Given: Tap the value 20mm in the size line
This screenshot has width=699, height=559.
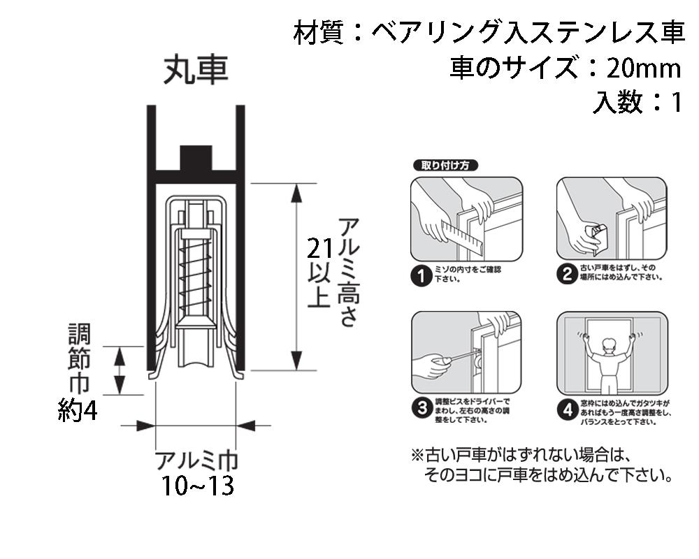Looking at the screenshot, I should tap(643, 68).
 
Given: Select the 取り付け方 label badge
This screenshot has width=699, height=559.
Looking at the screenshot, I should tap(445, 166).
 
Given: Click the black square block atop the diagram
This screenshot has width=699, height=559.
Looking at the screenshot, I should tap(196, 159).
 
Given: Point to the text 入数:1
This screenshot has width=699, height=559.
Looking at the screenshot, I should tap(636, 103).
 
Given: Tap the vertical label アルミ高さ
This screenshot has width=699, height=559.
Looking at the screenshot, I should tap(347, 273).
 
